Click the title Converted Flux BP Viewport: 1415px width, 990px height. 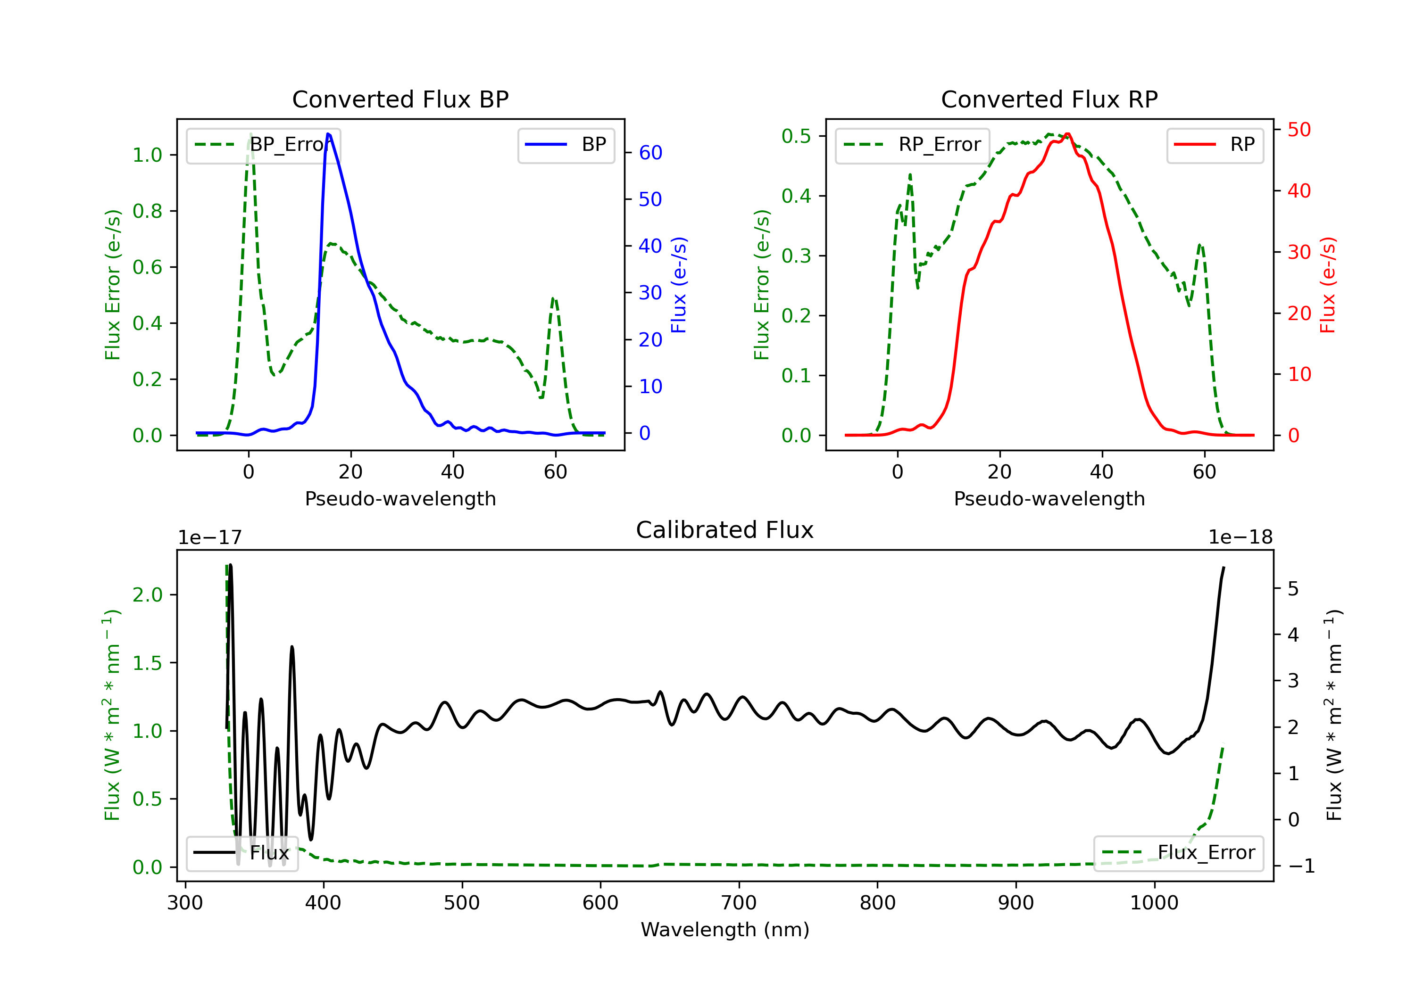(x=400, y=99)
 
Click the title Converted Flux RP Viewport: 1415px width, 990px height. (x=1049, y=99)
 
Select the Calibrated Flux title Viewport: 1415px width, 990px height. (x=725, y=530)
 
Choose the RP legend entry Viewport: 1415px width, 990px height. (x=1215, y=145)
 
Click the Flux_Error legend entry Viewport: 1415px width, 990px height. (x=1178, y=853)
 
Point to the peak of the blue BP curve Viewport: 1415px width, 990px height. (x=328, y=134)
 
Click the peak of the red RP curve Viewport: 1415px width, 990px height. (x=1067, y=134)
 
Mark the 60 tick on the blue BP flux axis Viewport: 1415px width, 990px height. (x=650, y=153)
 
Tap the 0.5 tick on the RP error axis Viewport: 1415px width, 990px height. (x=796, y=136)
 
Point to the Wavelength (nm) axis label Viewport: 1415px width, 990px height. (x=725, y=930)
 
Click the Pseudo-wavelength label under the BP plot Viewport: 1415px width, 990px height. (x=400, y=499)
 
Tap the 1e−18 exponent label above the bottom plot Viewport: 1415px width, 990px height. (x=1240, y=537)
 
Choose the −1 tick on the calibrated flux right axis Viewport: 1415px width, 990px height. (x=1301, y=866)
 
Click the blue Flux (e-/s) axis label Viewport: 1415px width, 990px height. (x=679, y=285)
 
